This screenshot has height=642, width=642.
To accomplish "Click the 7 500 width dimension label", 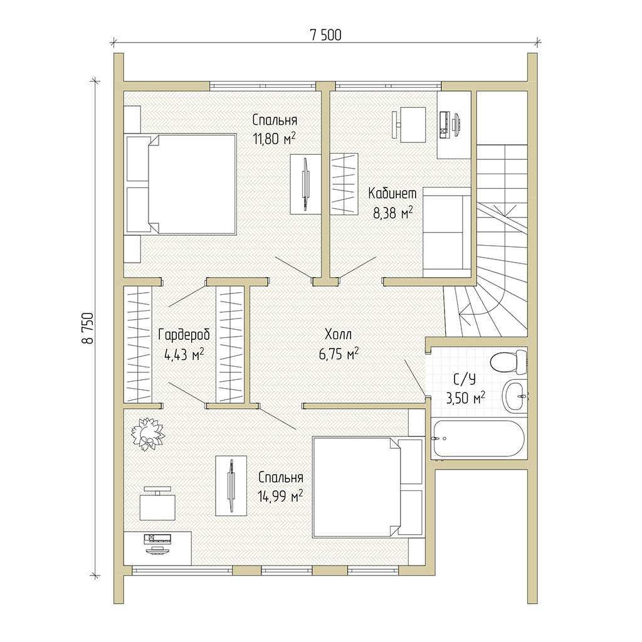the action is point(325,35).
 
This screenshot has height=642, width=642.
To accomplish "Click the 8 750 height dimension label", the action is point(88,328).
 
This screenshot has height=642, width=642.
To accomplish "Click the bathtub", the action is point(477,439).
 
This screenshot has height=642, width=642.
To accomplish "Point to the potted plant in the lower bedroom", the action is point(147,434).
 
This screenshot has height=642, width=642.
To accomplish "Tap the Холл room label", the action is point(338,335).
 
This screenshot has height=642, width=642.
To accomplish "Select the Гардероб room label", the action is point(184,335).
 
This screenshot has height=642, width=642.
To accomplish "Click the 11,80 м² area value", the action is point(274,139).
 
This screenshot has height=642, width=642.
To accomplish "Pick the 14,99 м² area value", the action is point(280,497).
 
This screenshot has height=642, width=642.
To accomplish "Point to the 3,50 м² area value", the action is point(465,397).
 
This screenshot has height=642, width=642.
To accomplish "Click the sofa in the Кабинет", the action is point(446,232).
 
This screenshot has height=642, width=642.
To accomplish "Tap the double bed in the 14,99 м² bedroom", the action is point(367,487).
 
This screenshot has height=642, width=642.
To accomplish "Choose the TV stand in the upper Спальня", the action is point(305,184).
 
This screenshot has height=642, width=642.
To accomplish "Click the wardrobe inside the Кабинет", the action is point(344,184).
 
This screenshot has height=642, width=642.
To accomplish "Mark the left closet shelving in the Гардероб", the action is point(138,344).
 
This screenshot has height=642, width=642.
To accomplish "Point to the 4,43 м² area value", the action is point(184,355).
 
